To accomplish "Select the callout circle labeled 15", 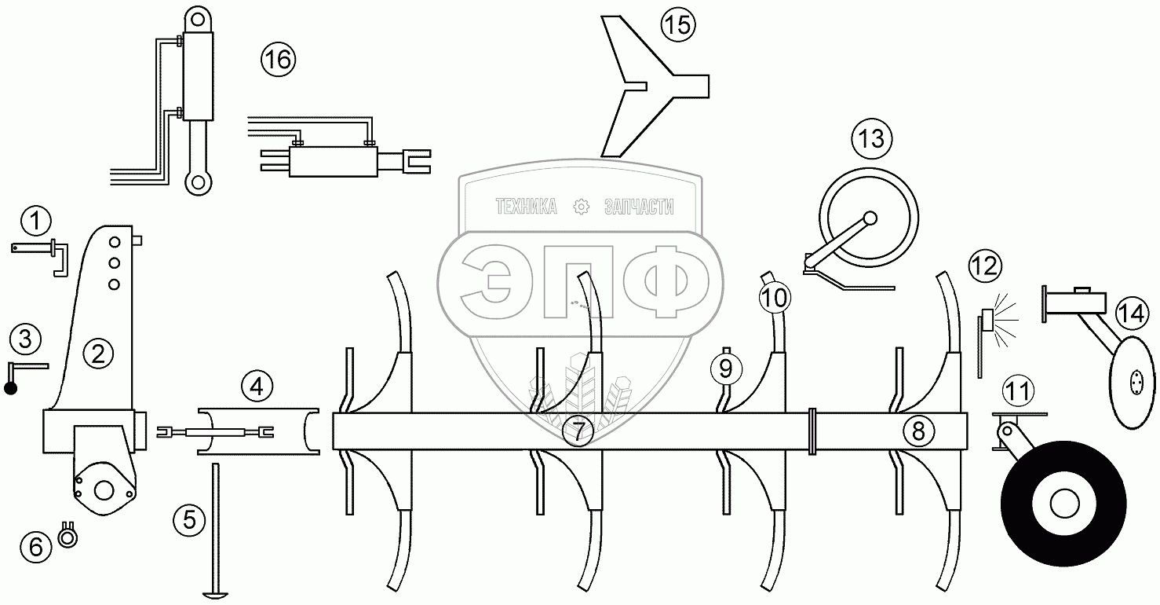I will (x=677, y=25).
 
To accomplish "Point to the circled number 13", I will (x=870, y=139).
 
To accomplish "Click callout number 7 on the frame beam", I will (x=578, y=431).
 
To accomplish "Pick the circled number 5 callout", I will (x=189, y=519).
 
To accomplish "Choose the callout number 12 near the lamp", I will (x=984, y=265).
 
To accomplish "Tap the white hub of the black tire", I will (x=1063, y=504).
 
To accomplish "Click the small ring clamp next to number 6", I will (x=68, y=537).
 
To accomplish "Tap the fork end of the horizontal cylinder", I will (x=417, y=161).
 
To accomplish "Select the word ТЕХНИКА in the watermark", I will (x=526, y=207).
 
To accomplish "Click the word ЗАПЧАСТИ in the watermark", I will (x=640, y=207).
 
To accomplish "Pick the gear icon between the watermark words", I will (x=581, y=207).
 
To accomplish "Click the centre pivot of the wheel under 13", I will (x=870, y=218).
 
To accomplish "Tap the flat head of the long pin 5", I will (x=213, y=593).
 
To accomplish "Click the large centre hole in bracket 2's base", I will (x=102, y=488).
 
